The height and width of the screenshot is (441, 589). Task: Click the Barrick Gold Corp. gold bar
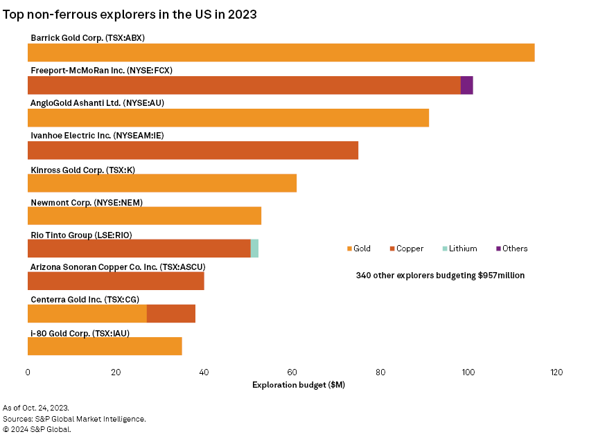pyautogui.click(x=281, y=53)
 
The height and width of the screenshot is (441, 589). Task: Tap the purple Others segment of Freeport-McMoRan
pyautogui.click(x=467, y=85)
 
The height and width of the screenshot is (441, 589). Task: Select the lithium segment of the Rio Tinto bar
pyautogui.click(x=254, y=249)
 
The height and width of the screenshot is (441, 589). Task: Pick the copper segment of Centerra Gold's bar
pyautogui.click(x=171, y=314)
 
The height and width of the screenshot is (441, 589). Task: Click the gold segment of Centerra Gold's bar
pyautogui.click(x=87, y=314)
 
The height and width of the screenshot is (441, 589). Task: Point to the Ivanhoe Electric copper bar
pyautogui.click(x=193, y=150)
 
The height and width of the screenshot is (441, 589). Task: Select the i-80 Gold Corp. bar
pyautogui.click(x=105, y=346)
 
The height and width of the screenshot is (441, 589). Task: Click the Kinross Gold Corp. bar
pyautogui.click(x=162, y=183)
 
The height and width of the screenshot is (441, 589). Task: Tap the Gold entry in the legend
pyautogui.click(x=358, y=249)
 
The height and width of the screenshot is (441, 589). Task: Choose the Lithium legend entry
pyautogui.click(x=458, y=249)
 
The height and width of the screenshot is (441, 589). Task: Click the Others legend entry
pyautogui.click(x=511, y=249)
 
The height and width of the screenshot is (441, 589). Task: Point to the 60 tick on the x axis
pyautogui.click(x=292, y=372)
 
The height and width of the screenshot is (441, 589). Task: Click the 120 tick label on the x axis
pyautogui.click(x=556, y=372)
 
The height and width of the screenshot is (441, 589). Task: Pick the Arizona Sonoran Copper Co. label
pyautogui.click(x=118, y=267)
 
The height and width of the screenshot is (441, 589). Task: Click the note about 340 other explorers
pyautogui.click(x=440, y=275)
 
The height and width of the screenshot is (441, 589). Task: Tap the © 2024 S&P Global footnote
pyautogui.click(x=37, y=429)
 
